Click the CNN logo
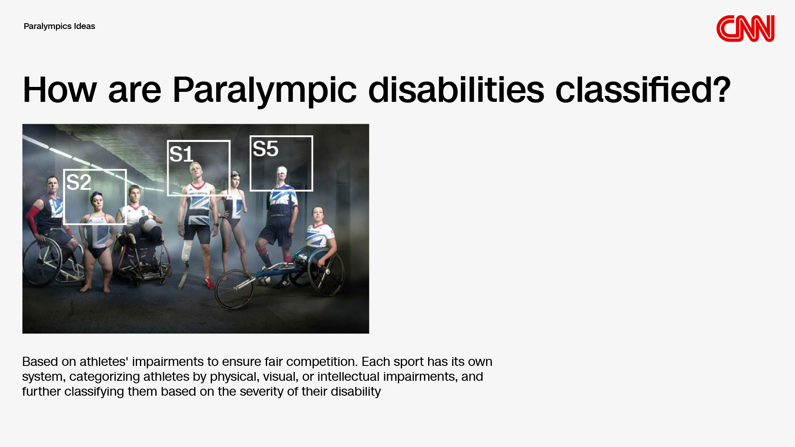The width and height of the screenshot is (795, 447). tap(745, 29)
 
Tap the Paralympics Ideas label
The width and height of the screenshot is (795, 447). tap(59, 26)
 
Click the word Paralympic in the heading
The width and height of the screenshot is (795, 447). tap(264, 90)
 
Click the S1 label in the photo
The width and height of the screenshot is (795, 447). tap(181, 154)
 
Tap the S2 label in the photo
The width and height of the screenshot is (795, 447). tap(79, 182)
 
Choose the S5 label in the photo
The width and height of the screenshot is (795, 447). tap(265, 149)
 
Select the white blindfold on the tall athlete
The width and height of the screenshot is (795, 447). tap(282, 171)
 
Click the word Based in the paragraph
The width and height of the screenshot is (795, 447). tap(40, 361)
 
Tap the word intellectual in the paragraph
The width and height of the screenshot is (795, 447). tap(348, 376)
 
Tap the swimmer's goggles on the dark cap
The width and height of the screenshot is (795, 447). tap(96, 194)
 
